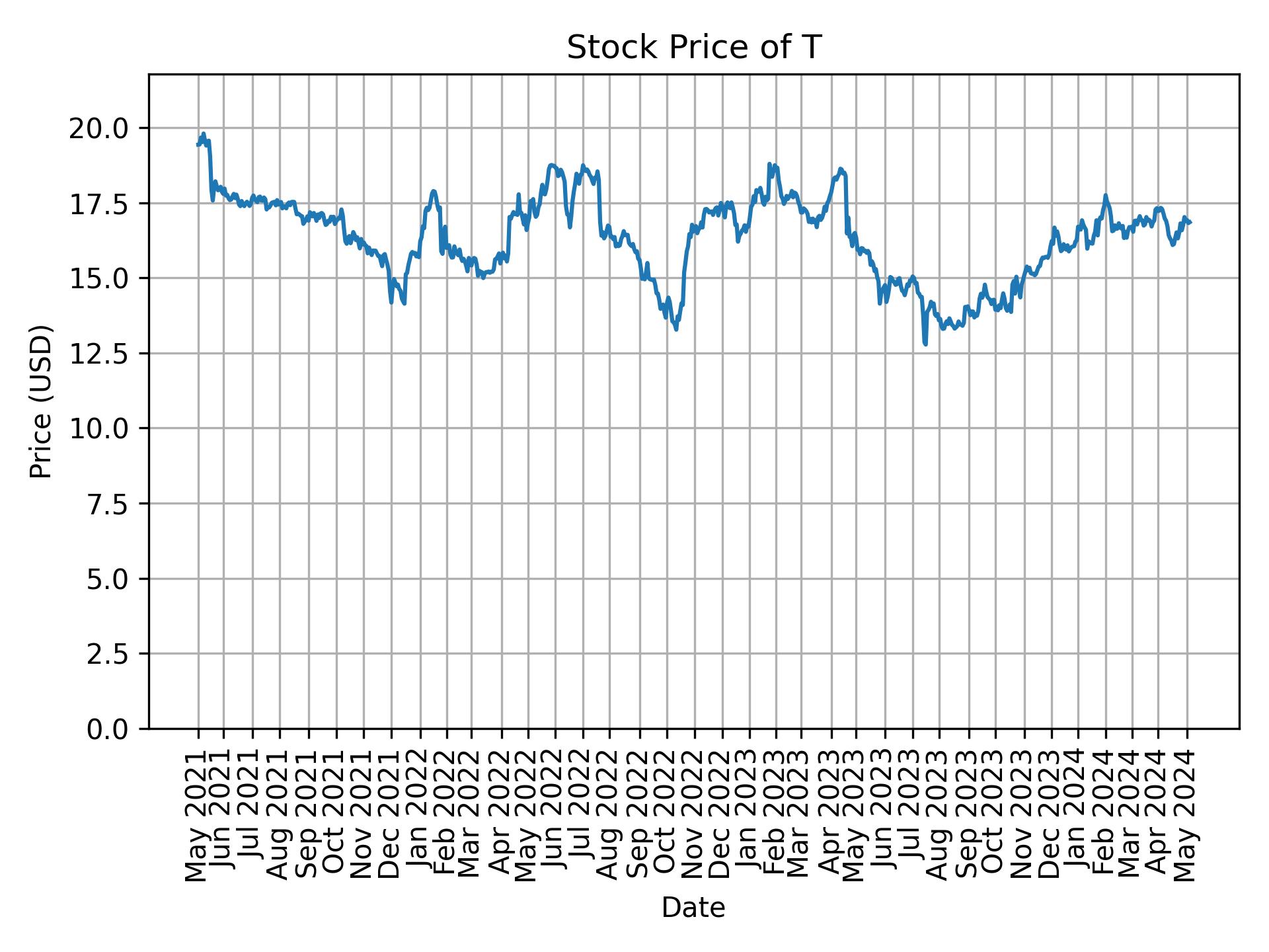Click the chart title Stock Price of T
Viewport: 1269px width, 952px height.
pos(693,48)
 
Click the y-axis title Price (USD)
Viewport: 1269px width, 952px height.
pos(41,401)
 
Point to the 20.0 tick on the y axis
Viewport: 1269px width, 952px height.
pos(100,128)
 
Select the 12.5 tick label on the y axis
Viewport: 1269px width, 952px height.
pos(100,354)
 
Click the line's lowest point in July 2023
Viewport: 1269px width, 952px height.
pos(925,344)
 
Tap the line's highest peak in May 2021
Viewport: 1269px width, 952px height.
pos(204,133)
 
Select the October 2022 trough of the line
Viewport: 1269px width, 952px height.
pos(675,329)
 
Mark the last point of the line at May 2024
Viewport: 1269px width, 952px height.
pos(1190,223)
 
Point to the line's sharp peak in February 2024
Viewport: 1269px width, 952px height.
pos(1105,195)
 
